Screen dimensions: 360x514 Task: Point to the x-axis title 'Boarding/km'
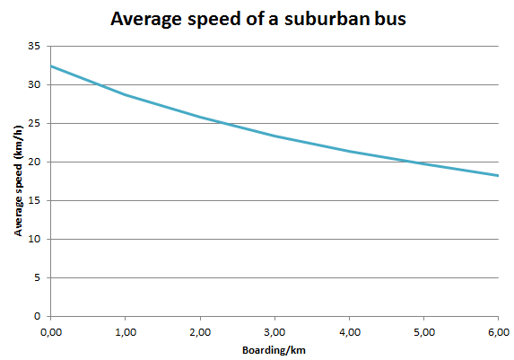pyautogui.click(x=273, y=349)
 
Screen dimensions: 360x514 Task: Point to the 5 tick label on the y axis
pyautogui.click(x=37, y=277)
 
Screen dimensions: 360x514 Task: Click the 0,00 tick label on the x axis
pyautogui.click(x=51, y=331)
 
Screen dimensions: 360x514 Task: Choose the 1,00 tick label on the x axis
pyautogui.click(x=126, y=331)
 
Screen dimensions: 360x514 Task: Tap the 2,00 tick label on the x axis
pyautogui.click(x=200, y=331)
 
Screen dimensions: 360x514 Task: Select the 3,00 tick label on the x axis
pyautogui.click(x=274, y=331)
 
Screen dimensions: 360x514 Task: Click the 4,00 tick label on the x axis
pyautogui.click(x=349, y=331)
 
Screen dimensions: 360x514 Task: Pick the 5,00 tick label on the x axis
pyautogui.click(x=423, y=331)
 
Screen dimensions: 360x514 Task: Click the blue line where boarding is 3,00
pyautogui.click(x=274, y=136)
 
